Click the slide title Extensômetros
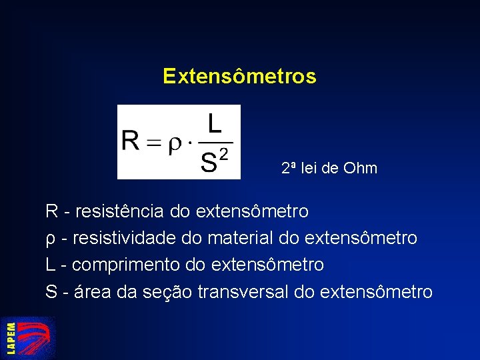239,76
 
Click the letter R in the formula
131,142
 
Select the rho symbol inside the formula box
174,145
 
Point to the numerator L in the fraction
215,124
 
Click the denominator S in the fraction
209,163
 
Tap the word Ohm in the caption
360,168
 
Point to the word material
247,238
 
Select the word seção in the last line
167,291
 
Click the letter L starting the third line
51,265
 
